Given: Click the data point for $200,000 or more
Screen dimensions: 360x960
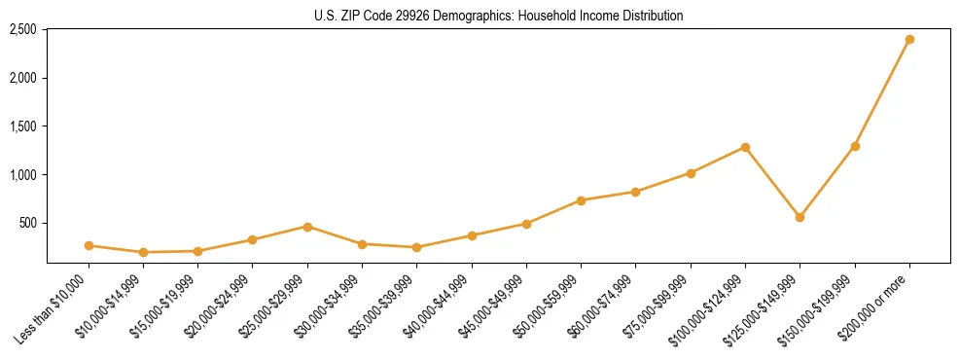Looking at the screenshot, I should tap(909, 39).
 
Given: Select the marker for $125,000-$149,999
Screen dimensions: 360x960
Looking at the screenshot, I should tap(800, 217).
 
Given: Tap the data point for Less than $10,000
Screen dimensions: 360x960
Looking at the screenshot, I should tap(89, 245).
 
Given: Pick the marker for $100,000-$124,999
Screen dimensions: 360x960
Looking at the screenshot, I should tap(745, 147).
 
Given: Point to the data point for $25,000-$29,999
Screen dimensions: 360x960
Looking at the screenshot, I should tap(307, 227).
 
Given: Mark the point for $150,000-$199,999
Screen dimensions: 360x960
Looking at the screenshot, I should tap(855, 146).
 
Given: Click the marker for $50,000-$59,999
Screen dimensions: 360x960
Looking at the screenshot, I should tap(581, 200).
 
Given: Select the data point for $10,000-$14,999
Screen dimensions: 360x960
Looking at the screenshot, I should tap(143, 252).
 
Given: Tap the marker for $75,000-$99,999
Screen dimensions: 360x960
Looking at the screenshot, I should tap(691, 173).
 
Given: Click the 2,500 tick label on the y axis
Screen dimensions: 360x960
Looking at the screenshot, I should tap(22, 29).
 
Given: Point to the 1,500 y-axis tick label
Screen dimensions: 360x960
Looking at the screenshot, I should tap(22, 126).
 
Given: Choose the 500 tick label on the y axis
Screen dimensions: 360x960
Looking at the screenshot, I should tap(27, 223).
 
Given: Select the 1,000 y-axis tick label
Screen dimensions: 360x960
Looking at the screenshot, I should tap(22, 175).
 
